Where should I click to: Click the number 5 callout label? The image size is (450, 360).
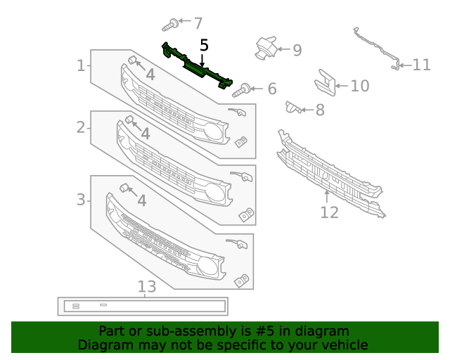coord(204,46)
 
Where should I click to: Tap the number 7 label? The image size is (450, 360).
coord(198,23)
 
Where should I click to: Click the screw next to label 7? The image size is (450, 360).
coord(169,27)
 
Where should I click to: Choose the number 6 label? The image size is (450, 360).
coord(271,89)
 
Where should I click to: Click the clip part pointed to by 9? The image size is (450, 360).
coord(265,47)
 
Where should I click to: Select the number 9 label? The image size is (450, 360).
coord(297,50)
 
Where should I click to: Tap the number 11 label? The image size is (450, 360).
coord(421,65)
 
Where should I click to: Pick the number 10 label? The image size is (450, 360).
coord(359,86)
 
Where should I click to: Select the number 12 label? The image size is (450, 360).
coord(329,212)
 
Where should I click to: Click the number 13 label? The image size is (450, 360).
coord(146,286)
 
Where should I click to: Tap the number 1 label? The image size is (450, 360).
coord(81,66)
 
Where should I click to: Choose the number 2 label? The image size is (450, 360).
coord(81,127)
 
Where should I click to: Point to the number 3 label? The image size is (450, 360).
coord(81,200)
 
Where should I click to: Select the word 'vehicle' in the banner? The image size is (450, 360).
coord(344,345)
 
